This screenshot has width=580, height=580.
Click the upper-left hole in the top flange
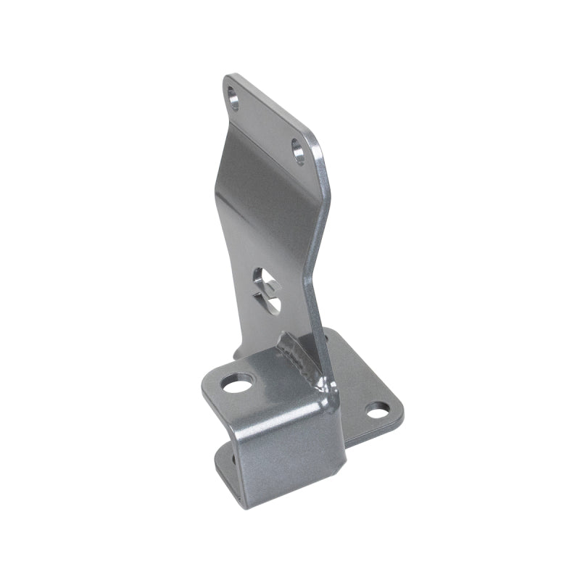[233, 96]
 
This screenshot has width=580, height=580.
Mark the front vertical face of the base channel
[290, 449]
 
